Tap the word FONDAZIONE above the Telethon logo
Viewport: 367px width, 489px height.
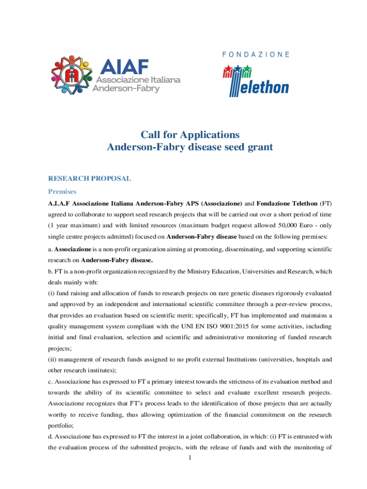(x=256, y=54)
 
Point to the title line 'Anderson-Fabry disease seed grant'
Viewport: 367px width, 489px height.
(x=190, y=147)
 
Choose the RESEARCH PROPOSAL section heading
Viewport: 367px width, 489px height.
(x=90, y=179)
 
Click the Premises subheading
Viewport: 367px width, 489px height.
(x=62, y=191)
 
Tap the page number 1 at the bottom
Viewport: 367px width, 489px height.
(x=190, y=458)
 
